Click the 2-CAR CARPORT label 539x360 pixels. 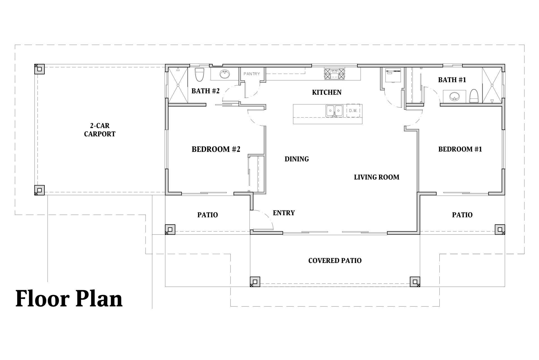pos(100,130)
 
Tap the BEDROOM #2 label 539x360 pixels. pos(216,149)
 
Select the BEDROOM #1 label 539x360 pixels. pos(460,149)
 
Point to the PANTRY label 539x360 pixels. pos(252,74)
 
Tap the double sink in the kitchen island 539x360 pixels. pos(334,111)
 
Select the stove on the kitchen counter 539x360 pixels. pos(334,74)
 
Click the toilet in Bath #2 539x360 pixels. pos(199,75)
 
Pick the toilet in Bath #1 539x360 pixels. pos(474,96)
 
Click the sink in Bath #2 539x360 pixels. pos(225,75)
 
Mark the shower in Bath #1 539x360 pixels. pos(492,85)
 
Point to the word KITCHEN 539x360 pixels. pos(327,93)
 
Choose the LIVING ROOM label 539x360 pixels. pos(376,177)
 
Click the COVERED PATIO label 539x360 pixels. pos(335,261)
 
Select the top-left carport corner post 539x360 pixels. pos(39,69)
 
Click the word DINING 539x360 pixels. pos(297,159)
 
